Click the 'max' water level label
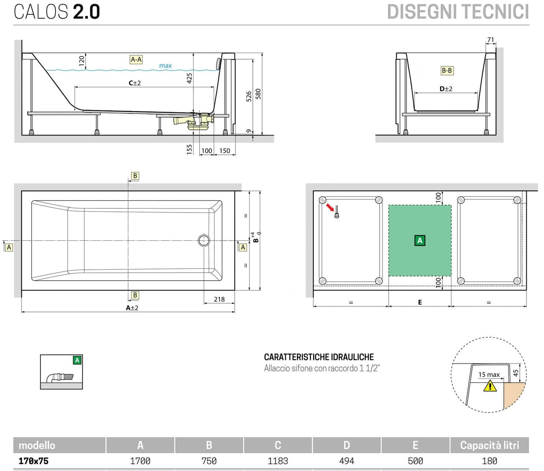coord(165,66)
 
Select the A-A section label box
coord(136,59)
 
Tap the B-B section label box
coord(447,70)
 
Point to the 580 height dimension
coord(258,94)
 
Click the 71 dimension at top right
coord(491,40)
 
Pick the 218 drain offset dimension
coord(219,299)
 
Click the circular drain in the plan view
coord(204,240)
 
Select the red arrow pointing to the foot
coord(330,207)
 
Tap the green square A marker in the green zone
coord(420,240)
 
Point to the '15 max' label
coord(489,375)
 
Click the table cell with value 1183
coord(278,461)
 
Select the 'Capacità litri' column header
coord(489,445)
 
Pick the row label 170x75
coord(34,461)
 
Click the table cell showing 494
coord(347,461)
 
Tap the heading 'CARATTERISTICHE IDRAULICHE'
coord(319,357)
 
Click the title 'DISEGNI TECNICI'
coord(458,12)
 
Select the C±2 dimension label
coord(135,83)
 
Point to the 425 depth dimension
coord(189,78)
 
